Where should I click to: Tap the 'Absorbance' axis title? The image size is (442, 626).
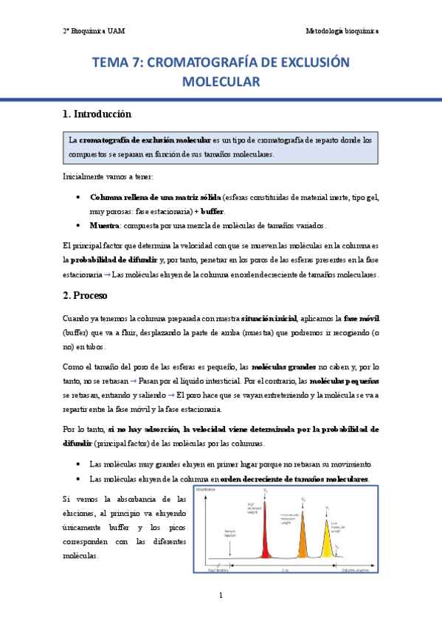pos(208,489)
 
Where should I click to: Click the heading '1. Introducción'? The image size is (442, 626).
pos(97,114)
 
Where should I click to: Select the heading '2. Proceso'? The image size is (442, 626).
pos(85,295)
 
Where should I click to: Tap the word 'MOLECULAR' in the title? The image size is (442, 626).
pos(221,82)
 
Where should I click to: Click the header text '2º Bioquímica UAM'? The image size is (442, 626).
pos(93,31)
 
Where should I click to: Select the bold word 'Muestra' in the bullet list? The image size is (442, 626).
pos(106,225)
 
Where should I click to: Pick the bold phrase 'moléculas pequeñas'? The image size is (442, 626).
pos(345,381)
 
